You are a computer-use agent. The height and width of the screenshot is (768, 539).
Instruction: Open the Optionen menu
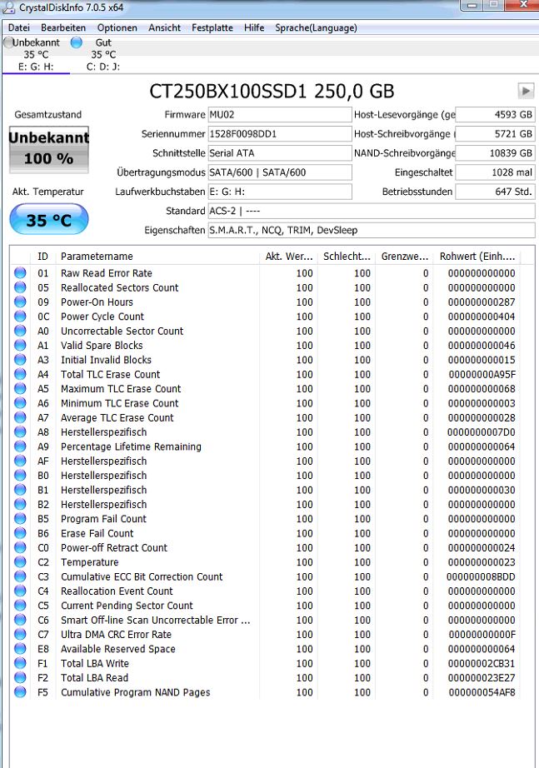tap(117, 27)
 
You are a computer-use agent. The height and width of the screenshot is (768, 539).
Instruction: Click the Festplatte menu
tap(212, 27)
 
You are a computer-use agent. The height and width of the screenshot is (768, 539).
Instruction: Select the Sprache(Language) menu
tap(316, 27)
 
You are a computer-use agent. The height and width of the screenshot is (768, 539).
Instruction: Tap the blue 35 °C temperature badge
tap(48, 219)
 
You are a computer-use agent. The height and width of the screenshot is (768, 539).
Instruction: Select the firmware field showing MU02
tap(279, 115)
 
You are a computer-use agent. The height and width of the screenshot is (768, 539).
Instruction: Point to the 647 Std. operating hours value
tap(495, 192)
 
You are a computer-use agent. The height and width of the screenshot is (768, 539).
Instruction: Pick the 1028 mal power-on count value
tap(495, 172)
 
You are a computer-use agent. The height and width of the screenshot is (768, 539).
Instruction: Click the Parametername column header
tap(97, 257)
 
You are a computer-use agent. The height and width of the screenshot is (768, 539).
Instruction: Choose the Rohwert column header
tap(477, 257)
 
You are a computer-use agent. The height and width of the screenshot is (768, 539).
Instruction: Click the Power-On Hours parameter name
tap(97, 302)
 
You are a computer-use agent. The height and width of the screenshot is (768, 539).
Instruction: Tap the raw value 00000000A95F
tap(482, 375)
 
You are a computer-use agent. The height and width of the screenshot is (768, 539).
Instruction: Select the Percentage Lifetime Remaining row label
tap(131, 447)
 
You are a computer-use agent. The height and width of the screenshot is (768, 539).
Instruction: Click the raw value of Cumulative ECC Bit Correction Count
tap(481, 577)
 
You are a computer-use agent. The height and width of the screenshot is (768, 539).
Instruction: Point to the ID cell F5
tap(43, 693)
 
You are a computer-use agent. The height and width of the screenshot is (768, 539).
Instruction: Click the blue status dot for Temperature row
tap(20, 563)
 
